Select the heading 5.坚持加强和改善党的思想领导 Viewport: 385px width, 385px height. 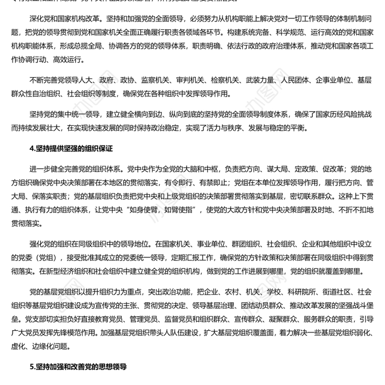[x=78, y=366]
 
